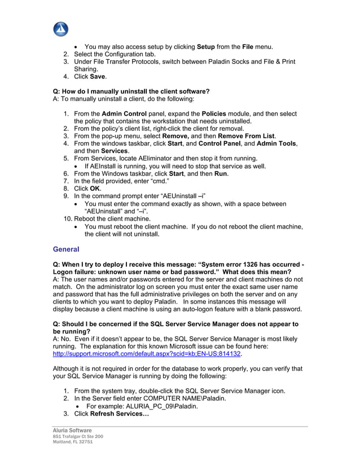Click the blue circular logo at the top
click(x=60, y=29)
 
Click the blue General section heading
click(x=66, y=249)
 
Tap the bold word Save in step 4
click(x=97, y=77)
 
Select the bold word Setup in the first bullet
click(x=207, y=46)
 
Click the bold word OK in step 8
click(x=95, y=188)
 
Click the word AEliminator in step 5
click(x=151, y=159)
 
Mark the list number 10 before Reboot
click(x=67, y=218)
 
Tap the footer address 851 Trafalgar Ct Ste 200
click(x=78, y=437)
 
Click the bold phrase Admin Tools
click(x=276, y=144)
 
